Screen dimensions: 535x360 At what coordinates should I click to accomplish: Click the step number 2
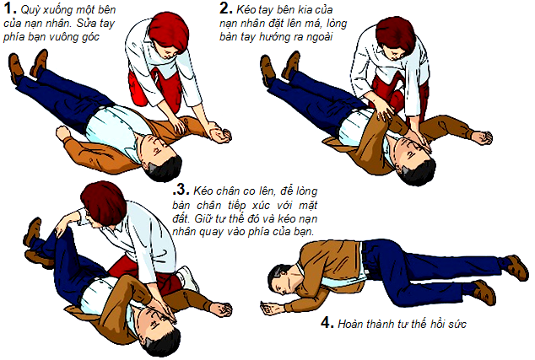tap(226, 8)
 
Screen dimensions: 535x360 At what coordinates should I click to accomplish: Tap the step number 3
tap(181, 189)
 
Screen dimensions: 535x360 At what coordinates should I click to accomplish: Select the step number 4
tap(327, 322)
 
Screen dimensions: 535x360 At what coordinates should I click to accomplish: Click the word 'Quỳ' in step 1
tap(30, 10)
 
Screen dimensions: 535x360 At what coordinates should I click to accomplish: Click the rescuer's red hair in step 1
tap(170, 30)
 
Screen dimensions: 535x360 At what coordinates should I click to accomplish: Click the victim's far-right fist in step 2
tap(482, 137)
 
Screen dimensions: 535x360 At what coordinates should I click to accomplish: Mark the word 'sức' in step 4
tap(457, 324)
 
